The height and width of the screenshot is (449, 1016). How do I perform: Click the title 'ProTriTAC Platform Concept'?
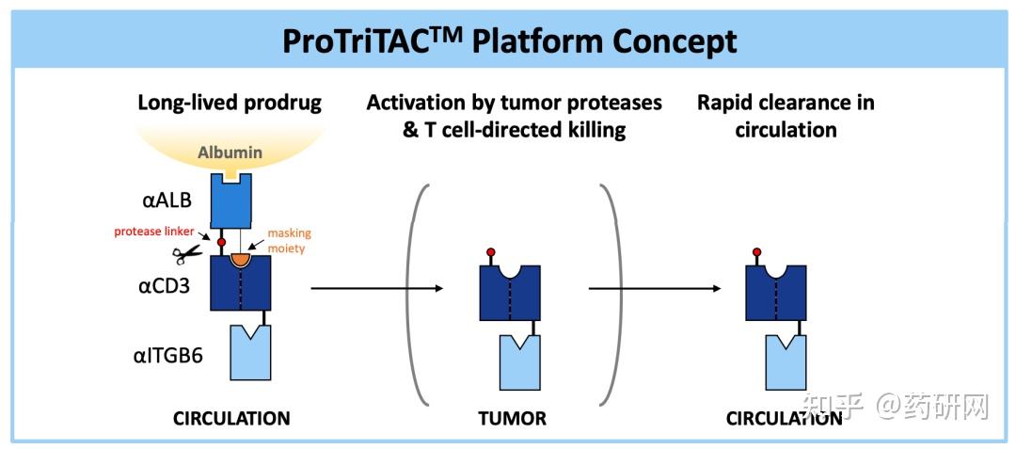(x=509, y=42)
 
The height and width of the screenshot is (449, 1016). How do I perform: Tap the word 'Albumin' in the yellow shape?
(x=230, y=152)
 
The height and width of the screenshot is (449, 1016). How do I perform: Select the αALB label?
(x=167, y=200)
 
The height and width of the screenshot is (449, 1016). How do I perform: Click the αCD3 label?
(x=167, y=285)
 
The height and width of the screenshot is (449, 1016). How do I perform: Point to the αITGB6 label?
(x=172, y=355)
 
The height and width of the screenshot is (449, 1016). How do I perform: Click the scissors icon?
(x=187, y=255)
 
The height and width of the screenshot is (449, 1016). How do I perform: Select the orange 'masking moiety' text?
(x=290, y=240)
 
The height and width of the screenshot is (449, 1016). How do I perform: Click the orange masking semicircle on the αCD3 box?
(x=241, y=260)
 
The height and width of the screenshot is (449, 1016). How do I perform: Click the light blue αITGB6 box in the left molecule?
(x=251, y=353)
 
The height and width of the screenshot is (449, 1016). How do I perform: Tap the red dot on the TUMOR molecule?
(x=490, y=251)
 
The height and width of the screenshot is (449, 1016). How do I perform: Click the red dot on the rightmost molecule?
(x=756, y=251)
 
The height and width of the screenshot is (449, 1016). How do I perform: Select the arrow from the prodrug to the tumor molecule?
(x=377, y=288)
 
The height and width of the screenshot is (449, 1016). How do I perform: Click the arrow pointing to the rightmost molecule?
(x=655, y=288)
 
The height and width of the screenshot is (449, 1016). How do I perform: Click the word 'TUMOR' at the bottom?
(x=513, y=418)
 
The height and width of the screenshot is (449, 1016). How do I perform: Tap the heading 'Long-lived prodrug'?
(x=230, y=103)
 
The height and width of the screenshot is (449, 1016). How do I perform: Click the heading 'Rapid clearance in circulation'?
(x=786, y=116)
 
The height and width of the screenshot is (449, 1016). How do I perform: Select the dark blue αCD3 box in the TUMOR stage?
(x=510, y=293)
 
